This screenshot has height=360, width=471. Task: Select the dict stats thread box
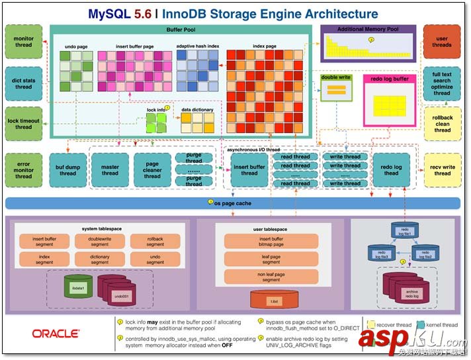tap(23, 83)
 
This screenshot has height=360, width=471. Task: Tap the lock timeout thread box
tap(23, 124)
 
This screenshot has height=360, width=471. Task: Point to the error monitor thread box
tap(23, 170)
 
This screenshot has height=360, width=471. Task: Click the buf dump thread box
tap(67, 170)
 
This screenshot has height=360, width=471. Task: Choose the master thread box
tap(110, 170)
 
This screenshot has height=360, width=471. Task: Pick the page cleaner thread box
tap(152, 170)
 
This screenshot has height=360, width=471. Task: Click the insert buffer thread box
tap(249, 170)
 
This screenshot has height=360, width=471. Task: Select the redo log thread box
tap(392, 170)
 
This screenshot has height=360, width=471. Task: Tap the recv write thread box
tap(442, 170)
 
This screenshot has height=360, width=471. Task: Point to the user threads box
tap(442, 42)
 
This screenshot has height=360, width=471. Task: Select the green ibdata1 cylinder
tap(78, 287)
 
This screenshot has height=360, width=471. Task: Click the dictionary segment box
tap(100, 259)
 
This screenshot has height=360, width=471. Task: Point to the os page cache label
tap(233, 202)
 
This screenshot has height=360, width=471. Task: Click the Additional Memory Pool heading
tap(368, 30)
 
